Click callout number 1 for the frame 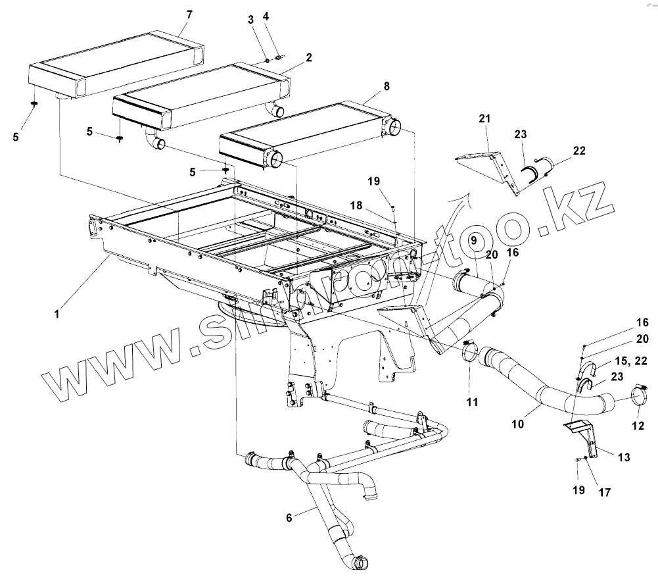[x=57, y=315]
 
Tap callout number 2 [x=250, y=20]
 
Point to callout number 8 [x=266, y=15]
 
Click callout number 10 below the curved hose [x=518, y=425]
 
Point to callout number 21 [x=485, y=118]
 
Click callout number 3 [x=250, y=20]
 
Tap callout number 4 [x=266, y=15]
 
